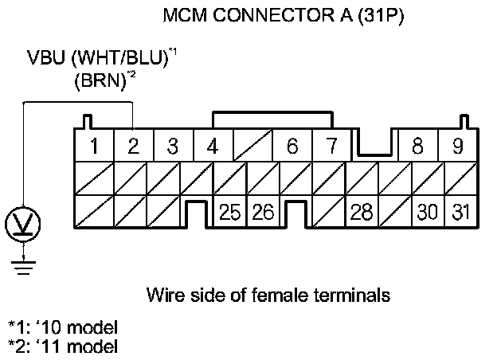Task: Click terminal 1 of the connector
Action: (x=94, y=147)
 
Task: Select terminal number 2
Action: (x=133, y=147)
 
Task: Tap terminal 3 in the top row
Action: (x=172, y=147)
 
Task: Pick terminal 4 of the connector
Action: (x=211, y=147)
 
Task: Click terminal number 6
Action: (x=292, y=147)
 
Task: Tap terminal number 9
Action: (x=456, y=147)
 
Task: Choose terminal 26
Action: (x=263, y=213)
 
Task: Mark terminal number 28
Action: (x=362, y=213)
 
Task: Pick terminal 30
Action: (x=428, y=213)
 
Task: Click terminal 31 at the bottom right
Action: (x=460, y=213)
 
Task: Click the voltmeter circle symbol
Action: (x=24, y=222)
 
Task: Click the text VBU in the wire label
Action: (x=43, y=58)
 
